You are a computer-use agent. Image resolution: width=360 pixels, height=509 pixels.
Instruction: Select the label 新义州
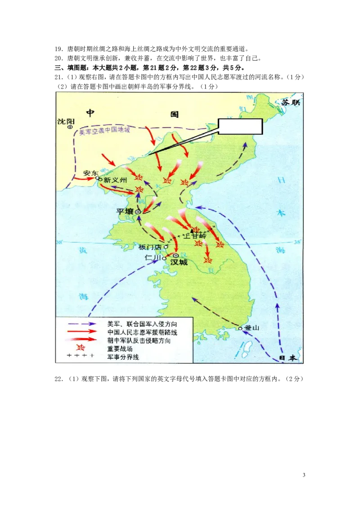(x=113, y=180)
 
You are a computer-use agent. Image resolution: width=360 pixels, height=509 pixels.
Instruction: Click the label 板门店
(x=150, y=247)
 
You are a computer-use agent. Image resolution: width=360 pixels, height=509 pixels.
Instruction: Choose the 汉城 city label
(x=179, y=262)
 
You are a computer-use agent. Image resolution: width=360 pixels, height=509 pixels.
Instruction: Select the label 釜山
(x=252, y=328)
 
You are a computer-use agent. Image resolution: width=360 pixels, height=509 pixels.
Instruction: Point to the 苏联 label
(x=290, y=103)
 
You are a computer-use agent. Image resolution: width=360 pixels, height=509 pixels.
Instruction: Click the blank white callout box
(x=240, y=126)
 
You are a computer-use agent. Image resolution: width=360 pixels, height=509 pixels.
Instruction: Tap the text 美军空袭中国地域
(x=104, y=130)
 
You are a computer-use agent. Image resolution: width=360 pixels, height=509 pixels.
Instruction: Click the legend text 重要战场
(x=117, y=348)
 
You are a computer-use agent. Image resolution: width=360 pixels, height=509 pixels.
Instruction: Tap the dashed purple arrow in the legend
(x=81, y=323)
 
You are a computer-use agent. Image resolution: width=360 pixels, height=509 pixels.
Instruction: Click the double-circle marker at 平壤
(x=138, y=212)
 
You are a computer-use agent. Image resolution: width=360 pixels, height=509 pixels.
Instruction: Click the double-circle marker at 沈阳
(x=70, y=127)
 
